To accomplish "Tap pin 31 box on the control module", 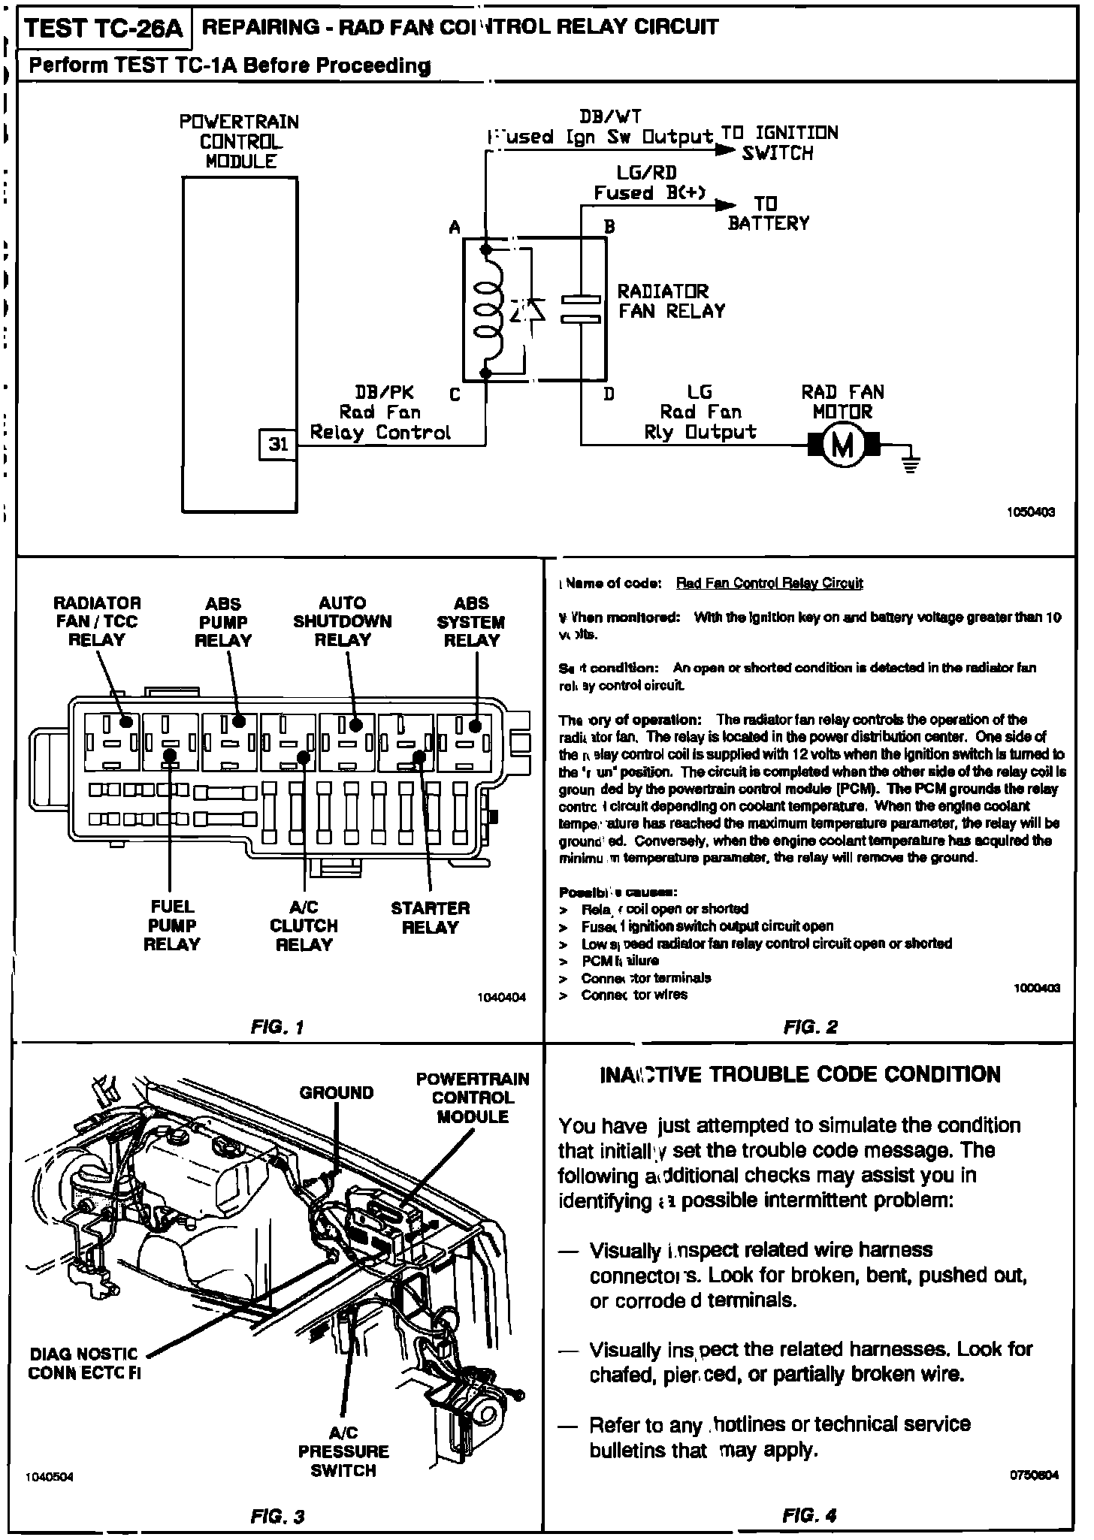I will [278, 444].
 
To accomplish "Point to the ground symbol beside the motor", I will [911, 464].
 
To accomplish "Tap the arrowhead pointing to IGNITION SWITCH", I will [724, 150].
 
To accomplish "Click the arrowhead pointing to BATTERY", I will [726, 205].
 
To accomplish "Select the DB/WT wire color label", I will [609, 116].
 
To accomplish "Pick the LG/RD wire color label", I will [646, 173].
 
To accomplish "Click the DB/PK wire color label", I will [384, 392].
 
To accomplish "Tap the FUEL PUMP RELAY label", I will [172, 926].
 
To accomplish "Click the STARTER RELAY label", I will [430, 917].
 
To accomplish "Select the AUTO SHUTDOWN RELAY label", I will [343, 621].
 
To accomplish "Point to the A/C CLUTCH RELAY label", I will [304, 926].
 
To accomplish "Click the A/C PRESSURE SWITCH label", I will [343, 1451].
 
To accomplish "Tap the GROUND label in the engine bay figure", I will [336, 1092].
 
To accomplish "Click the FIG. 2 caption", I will [809, 1027].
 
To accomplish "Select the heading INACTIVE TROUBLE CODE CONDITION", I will [800, 1074].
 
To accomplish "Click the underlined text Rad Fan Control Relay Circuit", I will [769, 583].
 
